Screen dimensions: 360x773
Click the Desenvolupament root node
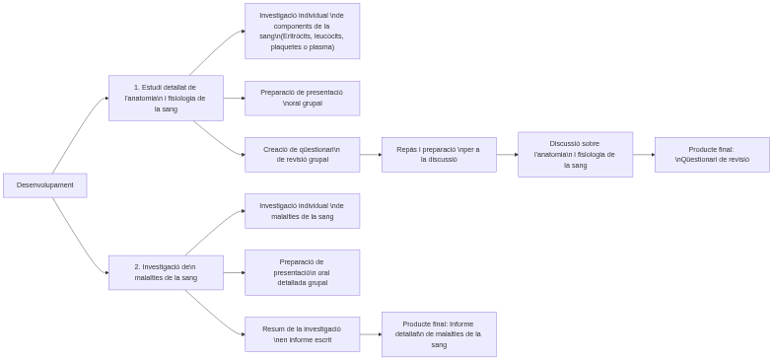click(45, 185)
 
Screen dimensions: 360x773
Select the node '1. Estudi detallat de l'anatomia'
click(166, 98)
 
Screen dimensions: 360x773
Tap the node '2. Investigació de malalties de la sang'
click(166, 272)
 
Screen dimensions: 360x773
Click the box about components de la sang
click(302, 31)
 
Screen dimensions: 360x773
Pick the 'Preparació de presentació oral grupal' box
click(302, 98)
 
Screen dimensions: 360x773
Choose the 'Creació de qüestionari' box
click(302, 155)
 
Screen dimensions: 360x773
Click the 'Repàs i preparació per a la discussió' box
click(438, 155)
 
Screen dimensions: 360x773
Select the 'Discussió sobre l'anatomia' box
click(575, 155)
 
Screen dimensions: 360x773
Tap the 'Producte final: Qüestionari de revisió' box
click(712, 155)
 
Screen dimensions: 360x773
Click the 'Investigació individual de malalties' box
click(302, 211)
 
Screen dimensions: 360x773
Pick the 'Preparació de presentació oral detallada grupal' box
click(302, 272)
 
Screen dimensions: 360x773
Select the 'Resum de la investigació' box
click(302, 333)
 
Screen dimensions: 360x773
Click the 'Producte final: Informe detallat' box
click(438, 333)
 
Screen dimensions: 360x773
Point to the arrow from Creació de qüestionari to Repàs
click(371, 155)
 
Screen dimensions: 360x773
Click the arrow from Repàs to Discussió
click(506, 155)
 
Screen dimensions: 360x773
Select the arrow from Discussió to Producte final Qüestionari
click(644, 155)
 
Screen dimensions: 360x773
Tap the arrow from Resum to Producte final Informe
click(371, 333)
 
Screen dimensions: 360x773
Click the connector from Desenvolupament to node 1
click(78, 133)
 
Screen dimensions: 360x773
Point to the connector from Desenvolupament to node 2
click(78, 237)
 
